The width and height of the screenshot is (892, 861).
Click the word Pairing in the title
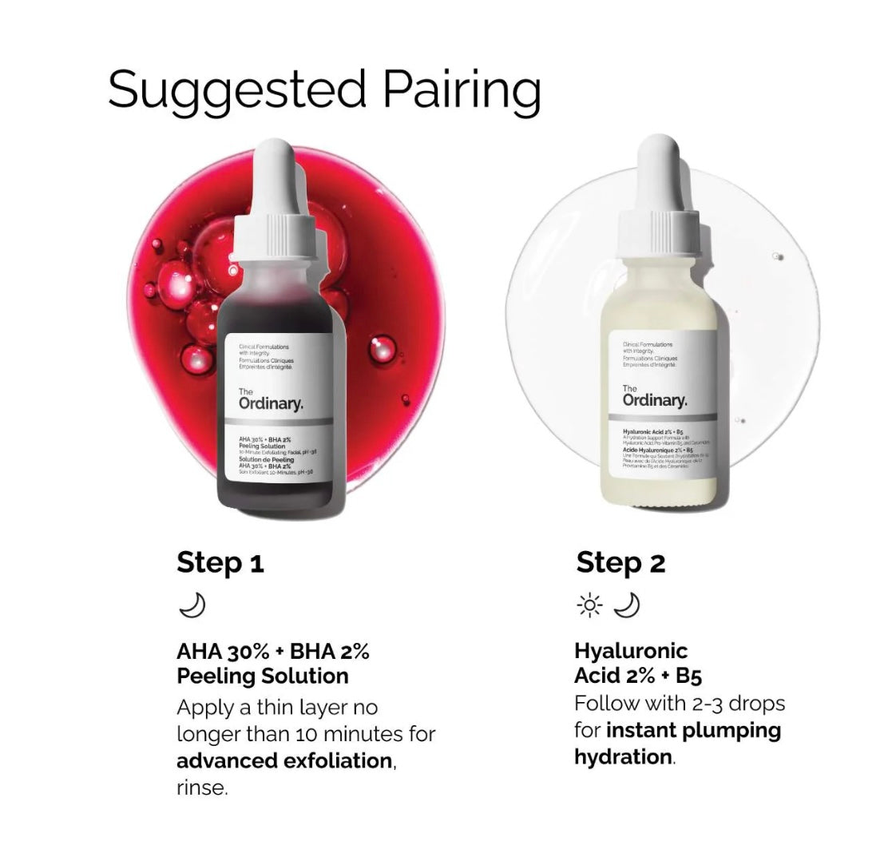click(462, 90)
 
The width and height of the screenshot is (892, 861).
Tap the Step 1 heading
click(220, 563)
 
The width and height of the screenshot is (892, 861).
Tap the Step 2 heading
click(620, 563)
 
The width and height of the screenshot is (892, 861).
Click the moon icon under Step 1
click(192, 606)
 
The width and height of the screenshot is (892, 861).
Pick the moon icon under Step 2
click(628, 606)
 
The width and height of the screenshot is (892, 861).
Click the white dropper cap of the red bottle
click(282, 184)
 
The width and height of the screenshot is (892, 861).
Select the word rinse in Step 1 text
click(202, 788)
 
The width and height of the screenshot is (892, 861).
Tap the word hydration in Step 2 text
click(623, 756)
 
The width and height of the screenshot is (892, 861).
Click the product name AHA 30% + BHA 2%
click(272, 651)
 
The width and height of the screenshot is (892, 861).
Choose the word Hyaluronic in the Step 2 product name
click(631, 651)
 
